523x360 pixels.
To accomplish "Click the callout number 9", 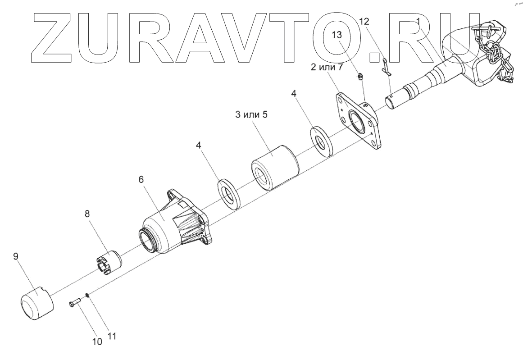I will coord(16,257).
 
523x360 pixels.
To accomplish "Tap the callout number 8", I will coord(87,214).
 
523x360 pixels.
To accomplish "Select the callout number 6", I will coord(141,179).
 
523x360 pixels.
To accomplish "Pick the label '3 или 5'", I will coord(251,114).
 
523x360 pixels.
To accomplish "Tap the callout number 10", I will coord(97,341).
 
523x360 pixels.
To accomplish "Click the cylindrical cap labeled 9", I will coord(37,302).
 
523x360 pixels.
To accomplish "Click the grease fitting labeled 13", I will coord(360,78).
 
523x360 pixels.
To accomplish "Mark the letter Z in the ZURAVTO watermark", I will coord(56,36).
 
